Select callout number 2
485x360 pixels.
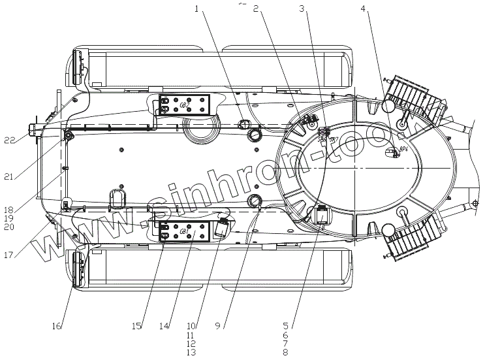[x=257, y=10]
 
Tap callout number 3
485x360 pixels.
[x=301, y=9]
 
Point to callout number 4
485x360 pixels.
[x=363, y=10]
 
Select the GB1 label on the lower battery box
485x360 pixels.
[x=184, y=231]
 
